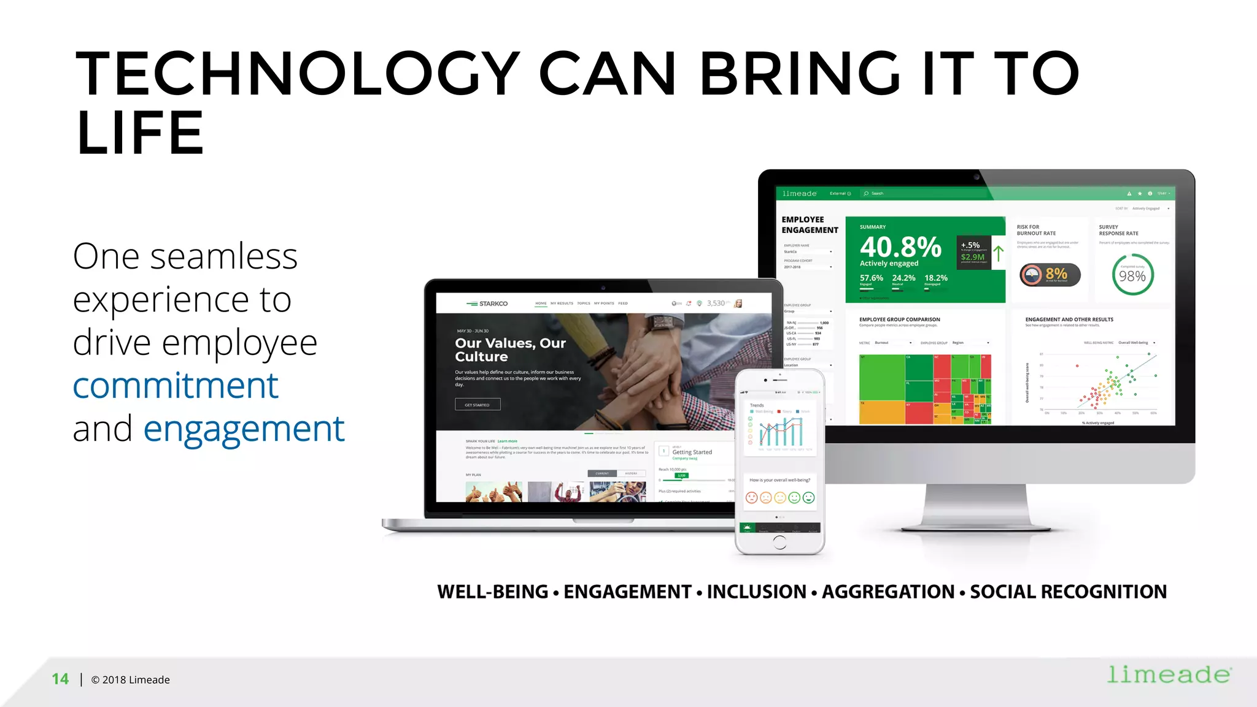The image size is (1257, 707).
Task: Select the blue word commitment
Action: pyautogui.click(x=176, y=386)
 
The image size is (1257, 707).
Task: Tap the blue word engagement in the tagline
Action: pyautogui.click(x=244, y=429)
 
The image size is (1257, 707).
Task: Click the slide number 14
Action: pyautogui.click(x=60, y=679)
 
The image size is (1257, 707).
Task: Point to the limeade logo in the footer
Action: pyautogui.click(x=1169, y=675)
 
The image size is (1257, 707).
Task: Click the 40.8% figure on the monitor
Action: pyautogui.click(x=900, y=247)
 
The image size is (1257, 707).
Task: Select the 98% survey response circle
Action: pyautogui.click(x=1132, y=275)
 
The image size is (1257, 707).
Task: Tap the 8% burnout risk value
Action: pyautogui.click(x=1056, y=273)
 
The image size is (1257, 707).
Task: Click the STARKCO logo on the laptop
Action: pyautogui.click(x=487, y=304)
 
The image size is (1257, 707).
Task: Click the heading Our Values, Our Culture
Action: pyautogui.click(x=510, y=350)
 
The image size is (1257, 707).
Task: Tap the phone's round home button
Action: pyautogui.click(x=779, y=542)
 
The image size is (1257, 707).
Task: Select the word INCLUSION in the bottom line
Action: pyautogui.click(x=756, y=592)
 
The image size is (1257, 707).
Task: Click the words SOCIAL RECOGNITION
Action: pyautogui.click(x=1068, y=592)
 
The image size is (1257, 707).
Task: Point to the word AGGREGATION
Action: pyautogui.click(x=888, y=592)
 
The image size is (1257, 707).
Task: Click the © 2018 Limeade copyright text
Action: pyautogui.click(x=130, y=679)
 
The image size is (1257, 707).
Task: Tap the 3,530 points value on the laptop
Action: pyautogui.click(x=716, y=303)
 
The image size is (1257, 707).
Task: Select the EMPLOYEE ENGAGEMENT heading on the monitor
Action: pyautogui.click(x=810, y=224)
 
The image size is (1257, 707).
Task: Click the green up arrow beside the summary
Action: pyautogui.click(x=999, y=253)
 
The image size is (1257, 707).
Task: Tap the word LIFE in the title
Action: pyautogui.click(x=140, y=133)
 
